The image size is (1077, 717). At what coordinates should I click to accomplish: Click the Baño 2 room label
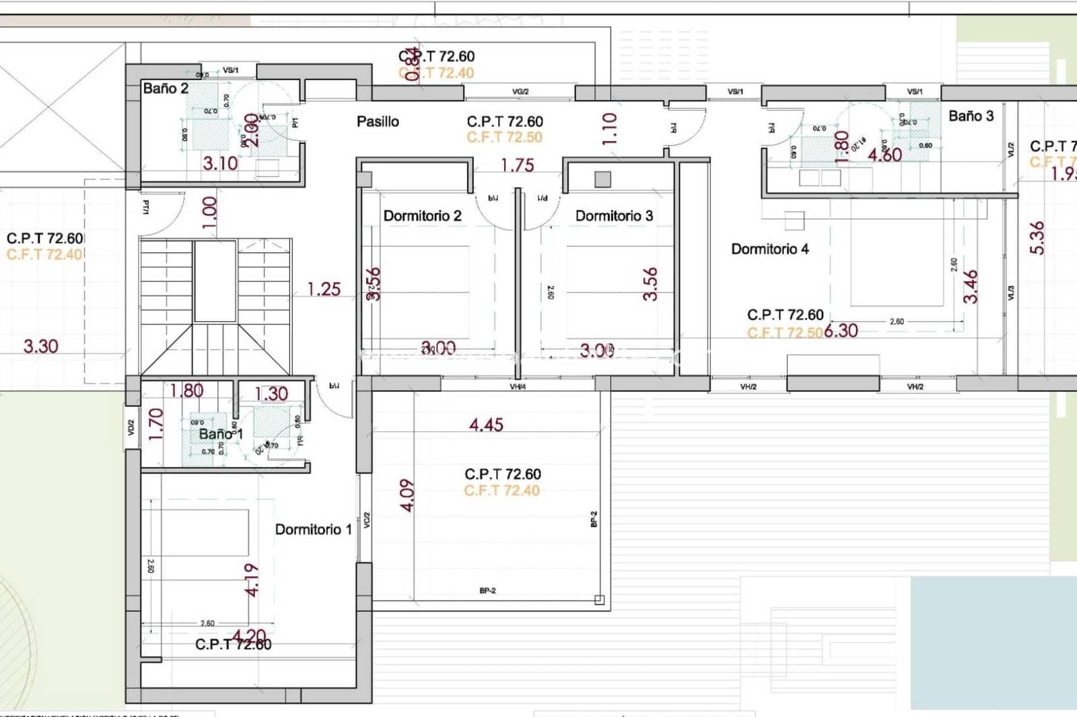(166, 88)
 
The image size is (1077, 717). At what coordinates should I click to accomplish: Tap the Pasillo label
(378, 122)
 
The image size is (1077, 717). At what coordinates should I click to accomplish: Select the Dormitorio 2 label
(422, 216)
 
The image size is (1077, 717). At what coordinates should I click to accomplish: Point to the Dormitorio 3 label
(614, 216)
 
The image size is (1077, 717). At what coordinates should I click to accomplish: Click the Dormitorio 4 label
(769, 250)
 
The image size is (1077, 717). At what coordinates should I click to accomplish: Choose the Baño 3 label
(971, 116)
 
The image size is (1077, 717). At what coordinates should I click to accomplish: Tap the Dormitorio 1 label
(313, 529)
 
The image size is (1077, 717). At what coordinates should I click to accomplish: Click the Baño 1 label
(220, 434)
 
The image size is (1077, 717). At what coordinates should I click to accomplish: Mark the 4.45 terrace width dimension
(486, 424)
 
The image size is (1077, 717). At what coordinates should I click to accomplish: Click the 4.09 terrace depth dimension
(407, 495)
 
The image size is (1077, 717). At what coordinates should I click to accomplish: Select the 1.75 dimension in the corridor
(517, 165)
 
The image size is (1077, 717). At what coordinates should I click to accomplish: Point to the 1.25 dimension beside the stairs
(324, 289)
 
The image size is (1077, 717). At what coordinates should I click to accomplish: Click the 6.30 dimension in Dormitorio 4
(841, 331)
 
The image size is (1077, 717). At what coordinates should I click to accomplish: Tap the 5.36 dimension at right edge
(1037, 238)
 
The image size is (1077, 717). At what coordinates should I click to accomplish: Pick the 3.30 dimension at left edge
(40, 346)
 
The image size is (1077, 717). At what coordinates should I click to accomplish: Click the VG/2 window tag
(520, 92)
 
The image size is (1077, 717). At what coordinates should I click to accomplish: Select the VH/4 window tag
(518, 387)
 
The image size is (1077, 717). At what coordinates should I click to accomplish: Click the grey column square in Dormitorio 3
(602, 179)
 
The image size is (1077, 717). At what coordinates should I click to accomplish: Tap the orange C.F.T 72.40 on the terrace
(501, 490)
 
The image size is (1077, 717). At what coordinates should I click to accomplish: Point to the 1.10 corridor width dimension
(609, 129)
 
